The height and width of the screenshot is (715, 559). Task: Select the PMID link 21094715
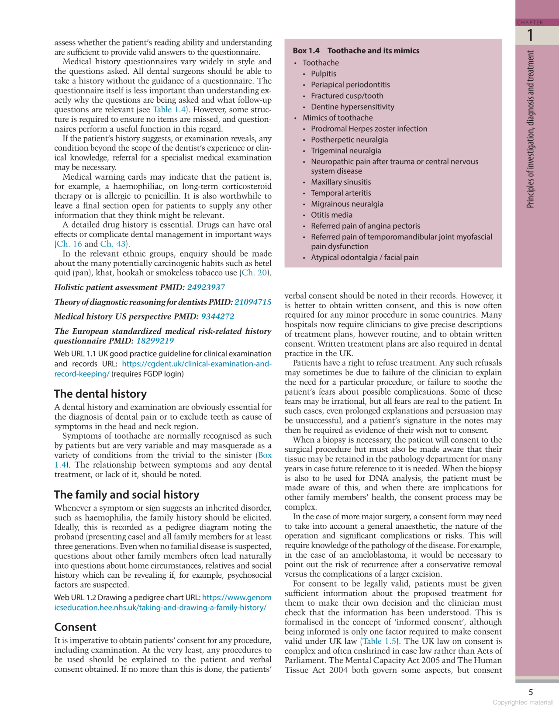pyautogui.click(x=253, y=302)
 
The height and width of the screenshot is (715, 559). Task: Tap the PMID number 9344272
pyautogui.click(x=217, y=316)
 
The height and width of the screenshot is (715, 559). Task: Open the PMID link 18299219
pyautogui.click(x=155, y=341)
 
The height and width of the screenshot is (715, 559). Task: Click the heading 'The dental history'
pyautogui.click(x=100, y=394)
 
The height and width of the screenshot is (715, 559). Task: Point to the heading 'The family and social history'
pyautogui.click(x=127, y=495)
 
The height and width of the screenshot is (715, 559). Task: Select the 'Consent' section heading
pyautogui.click(x=75, y=627)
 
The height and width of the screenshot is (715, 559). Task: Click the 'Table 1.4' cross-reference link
pyautogui.click(x=169, y=110)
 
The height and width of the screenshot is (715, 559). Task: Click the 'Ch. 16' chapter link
pyautogui.click(x=69, y=244)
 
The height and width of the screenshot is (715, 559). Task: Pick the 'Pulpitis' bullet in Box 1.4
pyautogui.click(x=324, y=74)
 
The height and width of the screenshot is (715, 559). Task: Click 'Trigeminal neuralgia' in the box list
pyautogui.click(x=346, y=151)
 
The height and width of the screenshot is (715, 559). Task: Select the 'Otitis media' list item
pyautogui.click(x=331, y=215)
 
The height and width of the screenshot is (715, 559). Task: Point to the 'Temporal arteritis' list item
pyautogui.click(x=341, y=193)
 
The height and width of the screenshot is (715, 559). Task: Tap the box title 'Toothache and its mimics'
pyautogui.click(x=373, y=51)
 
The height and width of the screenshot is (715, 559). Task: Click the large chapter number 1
pyautogui.click(x=530, y=35)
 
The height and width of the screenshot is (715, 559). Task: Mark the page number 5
pyautogui.click(x=531, y=692)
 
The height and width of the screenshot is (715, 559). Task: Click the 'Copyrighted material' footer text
pyautogui.click(x=522, y=702)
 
